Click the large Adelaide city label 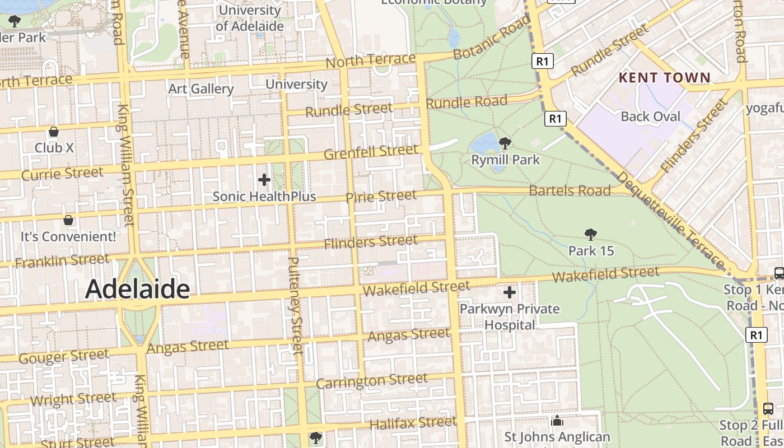137,289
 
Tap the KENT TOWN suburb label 664,78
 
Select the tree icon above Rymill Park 505,143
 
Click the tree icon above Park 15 591,234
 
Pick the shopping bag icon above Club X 54,132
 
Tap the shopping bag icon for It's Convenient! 68,220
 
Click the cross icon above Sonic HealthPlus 264,180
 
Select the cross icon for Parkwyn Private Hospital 510,292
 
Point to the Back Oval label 650,116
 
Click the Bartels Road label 570,190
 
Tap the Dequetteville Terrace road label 670,220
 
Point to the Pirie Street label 381,196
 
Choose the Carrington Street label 372,381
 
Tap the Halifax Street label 413,423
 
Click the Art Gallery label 201,88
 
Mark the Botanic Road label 492,38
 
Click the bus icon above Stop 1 779,273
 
